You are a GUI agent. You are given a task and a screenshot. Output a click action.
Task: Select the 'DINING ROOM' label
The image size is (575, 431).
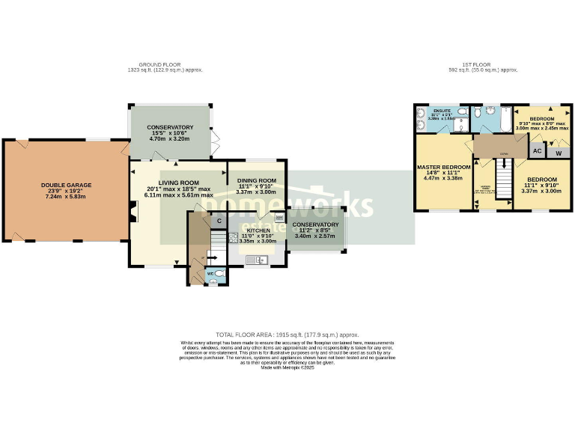point(257,180)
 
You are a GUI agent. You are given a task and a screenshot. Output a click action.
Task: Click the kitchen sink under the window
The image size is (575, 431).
point(258,260)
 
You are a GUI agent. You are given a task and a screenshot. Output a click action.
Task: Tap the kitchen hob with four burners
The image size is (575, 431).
point(234,238)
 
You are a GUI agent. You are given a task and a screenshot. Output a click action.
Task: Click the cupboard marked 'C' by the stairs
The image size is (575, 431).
point(219,221)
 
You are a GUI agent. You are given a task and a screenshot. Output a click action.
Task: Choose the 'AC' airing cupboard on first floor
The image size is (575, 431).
point(537,150)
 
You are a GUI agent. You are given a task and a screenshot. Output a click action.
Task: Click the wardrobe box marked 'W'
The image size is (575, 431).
point(556,152)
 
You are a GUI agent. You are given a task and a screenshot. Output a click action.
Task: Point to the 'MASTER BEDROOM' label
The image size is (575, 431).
point(443,167)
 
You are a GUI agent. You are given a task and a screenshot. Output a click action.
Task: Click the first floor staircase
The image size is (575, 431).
point(504,179)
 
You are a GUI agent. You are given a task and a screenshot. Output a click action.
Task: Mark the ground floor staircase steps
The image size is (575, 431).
point(217,239)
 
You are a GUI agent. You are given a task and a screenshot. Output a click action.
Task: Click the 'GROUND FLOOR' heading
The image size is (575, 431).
point(165,65)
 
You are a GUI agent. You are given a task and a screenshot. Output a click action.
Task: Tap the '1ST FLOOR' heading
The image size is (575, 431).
point(480,65)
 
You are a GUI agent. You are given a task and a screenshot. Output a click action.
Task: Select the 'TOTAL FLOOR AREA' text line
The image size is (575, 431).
point(287,334)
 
